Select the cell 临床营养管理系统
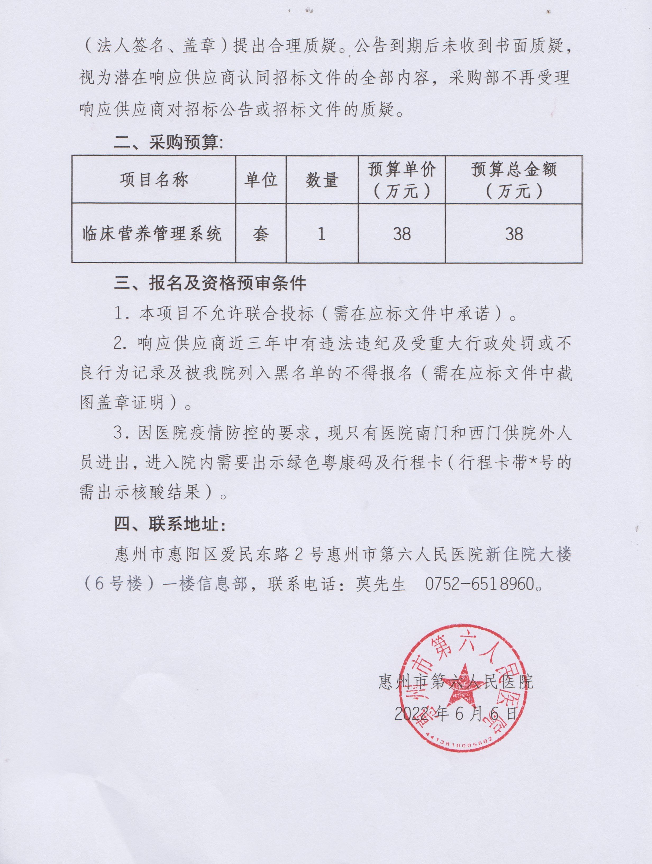(152, 233)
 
